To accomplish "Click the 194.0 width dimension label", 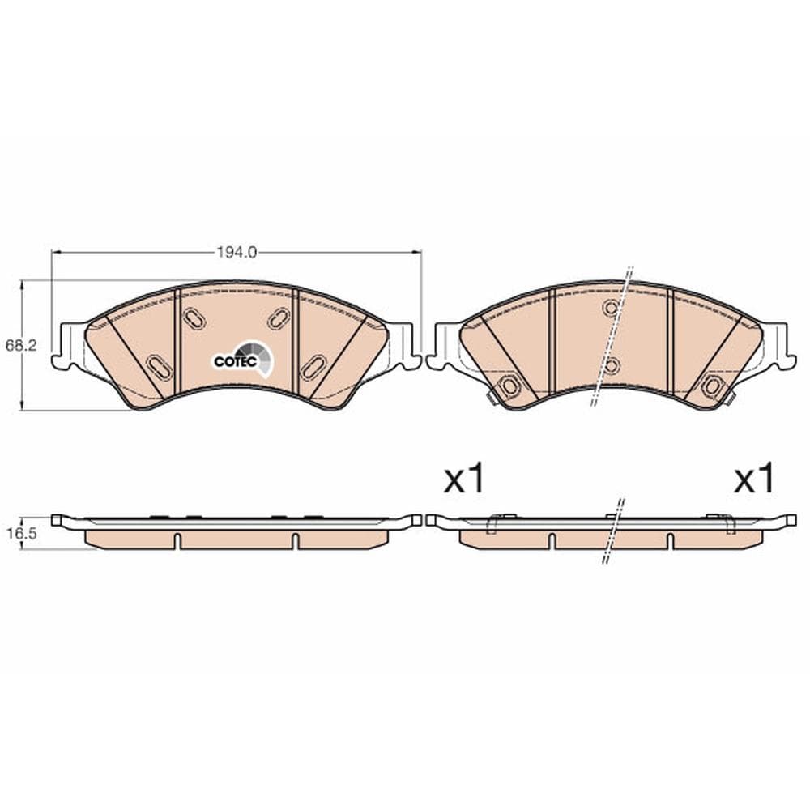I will [x=236, y=252].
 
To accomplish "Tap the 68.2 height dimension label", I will [x=29, y=344].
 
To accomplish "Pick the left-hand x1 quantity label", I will [x=463, y=480].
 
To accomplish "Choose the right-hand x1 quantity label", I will [x=753, y=480].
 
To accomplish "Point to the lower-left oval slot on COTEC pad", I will [x=159, y=366].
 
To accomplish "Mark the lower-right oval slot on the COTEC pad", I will [x=311, y=368].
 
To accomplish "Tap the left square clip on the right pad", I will [x=509, y=386].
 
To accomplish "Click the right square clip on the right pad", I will [x=712, y=386].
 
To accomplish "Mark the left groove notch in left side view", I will [x=176, y=540].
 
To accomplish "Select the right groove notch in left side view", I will [x=295, y=540].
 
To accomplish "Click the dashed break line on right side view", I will [x=613, y=531].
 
